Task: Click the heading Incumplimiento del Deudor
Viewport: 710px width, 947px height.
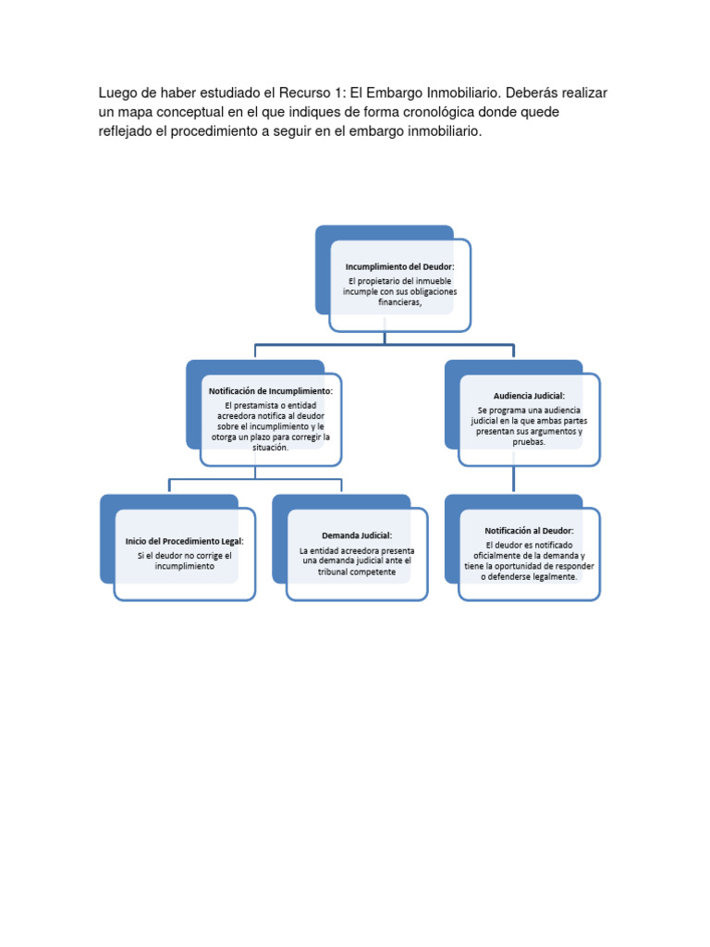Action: pos(400,266)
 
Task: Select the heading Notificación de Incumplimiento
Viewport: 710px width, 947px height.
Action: pos(271,391)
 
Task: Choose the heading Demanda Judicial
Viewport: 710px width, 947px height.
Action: pos(357,535)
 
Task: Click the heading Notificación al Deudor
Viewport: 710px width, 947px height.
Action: pos(529,531)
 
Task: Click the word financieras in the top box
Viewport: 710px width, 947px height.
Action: pos(400,301)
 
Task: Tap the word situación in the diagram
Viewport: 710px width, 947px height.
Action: pos(270,448)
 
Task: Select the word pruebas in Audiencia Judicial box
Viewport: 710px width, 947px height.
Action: pos(529,442)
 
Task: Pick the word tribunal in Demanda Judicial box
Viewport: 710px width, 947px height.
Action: pos(337,572)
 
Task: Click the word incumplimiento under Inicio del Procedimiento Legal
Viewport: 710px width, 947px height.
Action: pos(185,566)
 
